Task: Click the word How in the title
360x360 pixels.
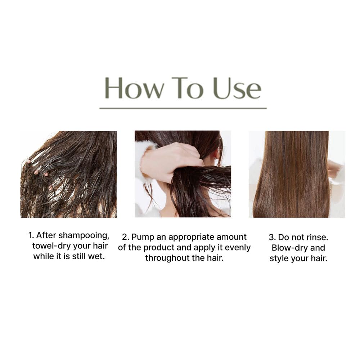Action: click(x=134, y=88)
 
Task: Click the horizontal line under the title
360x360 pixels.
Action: click(x=183, y=108)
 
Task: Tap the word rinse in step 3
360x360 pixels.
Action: click(x=317, y=237)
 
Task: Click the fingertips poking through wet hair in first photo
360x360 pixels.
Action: click(x=37, y=169)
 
